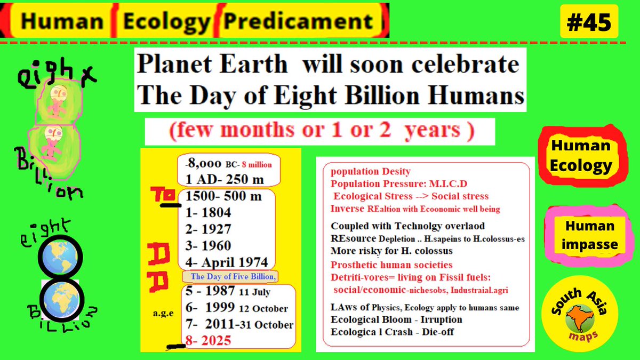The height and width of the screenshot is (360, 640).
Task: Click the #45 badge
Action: point(589,22)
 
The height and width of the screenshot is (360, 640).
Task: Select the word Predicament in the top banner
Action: point(298,21)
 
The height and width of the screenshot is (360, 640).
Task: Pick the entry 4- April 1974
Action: point(227,262)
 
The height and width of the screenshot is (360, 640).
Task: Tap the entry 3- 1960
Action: point(209,246)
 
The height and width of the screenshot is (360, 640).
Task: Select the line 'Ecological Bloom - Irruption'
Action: point(396,319)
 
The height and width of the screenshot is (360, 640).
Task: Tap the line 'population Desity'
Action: point(371,171)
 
